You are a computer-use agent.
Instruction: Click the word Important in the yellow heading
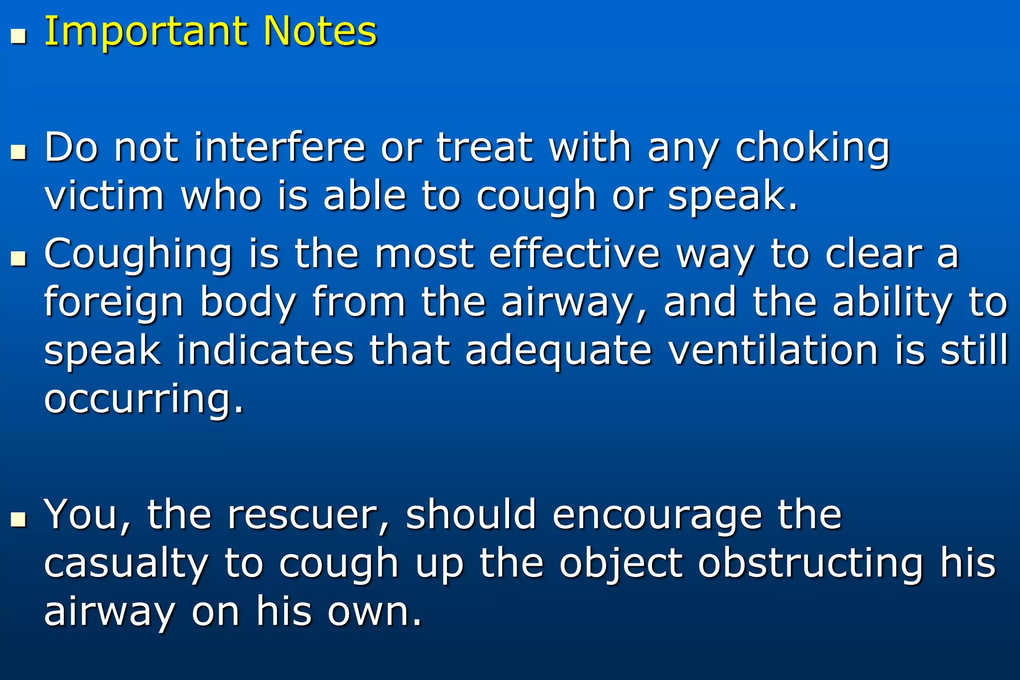[145, 32]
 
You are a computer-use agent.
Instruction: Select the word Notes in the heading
[320, 32]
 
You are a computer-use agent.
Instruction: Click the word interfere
[279, 148]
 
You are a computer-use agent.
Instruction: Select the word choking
[812, 149]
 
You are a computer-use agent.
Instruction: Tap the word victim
[104, 196]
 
